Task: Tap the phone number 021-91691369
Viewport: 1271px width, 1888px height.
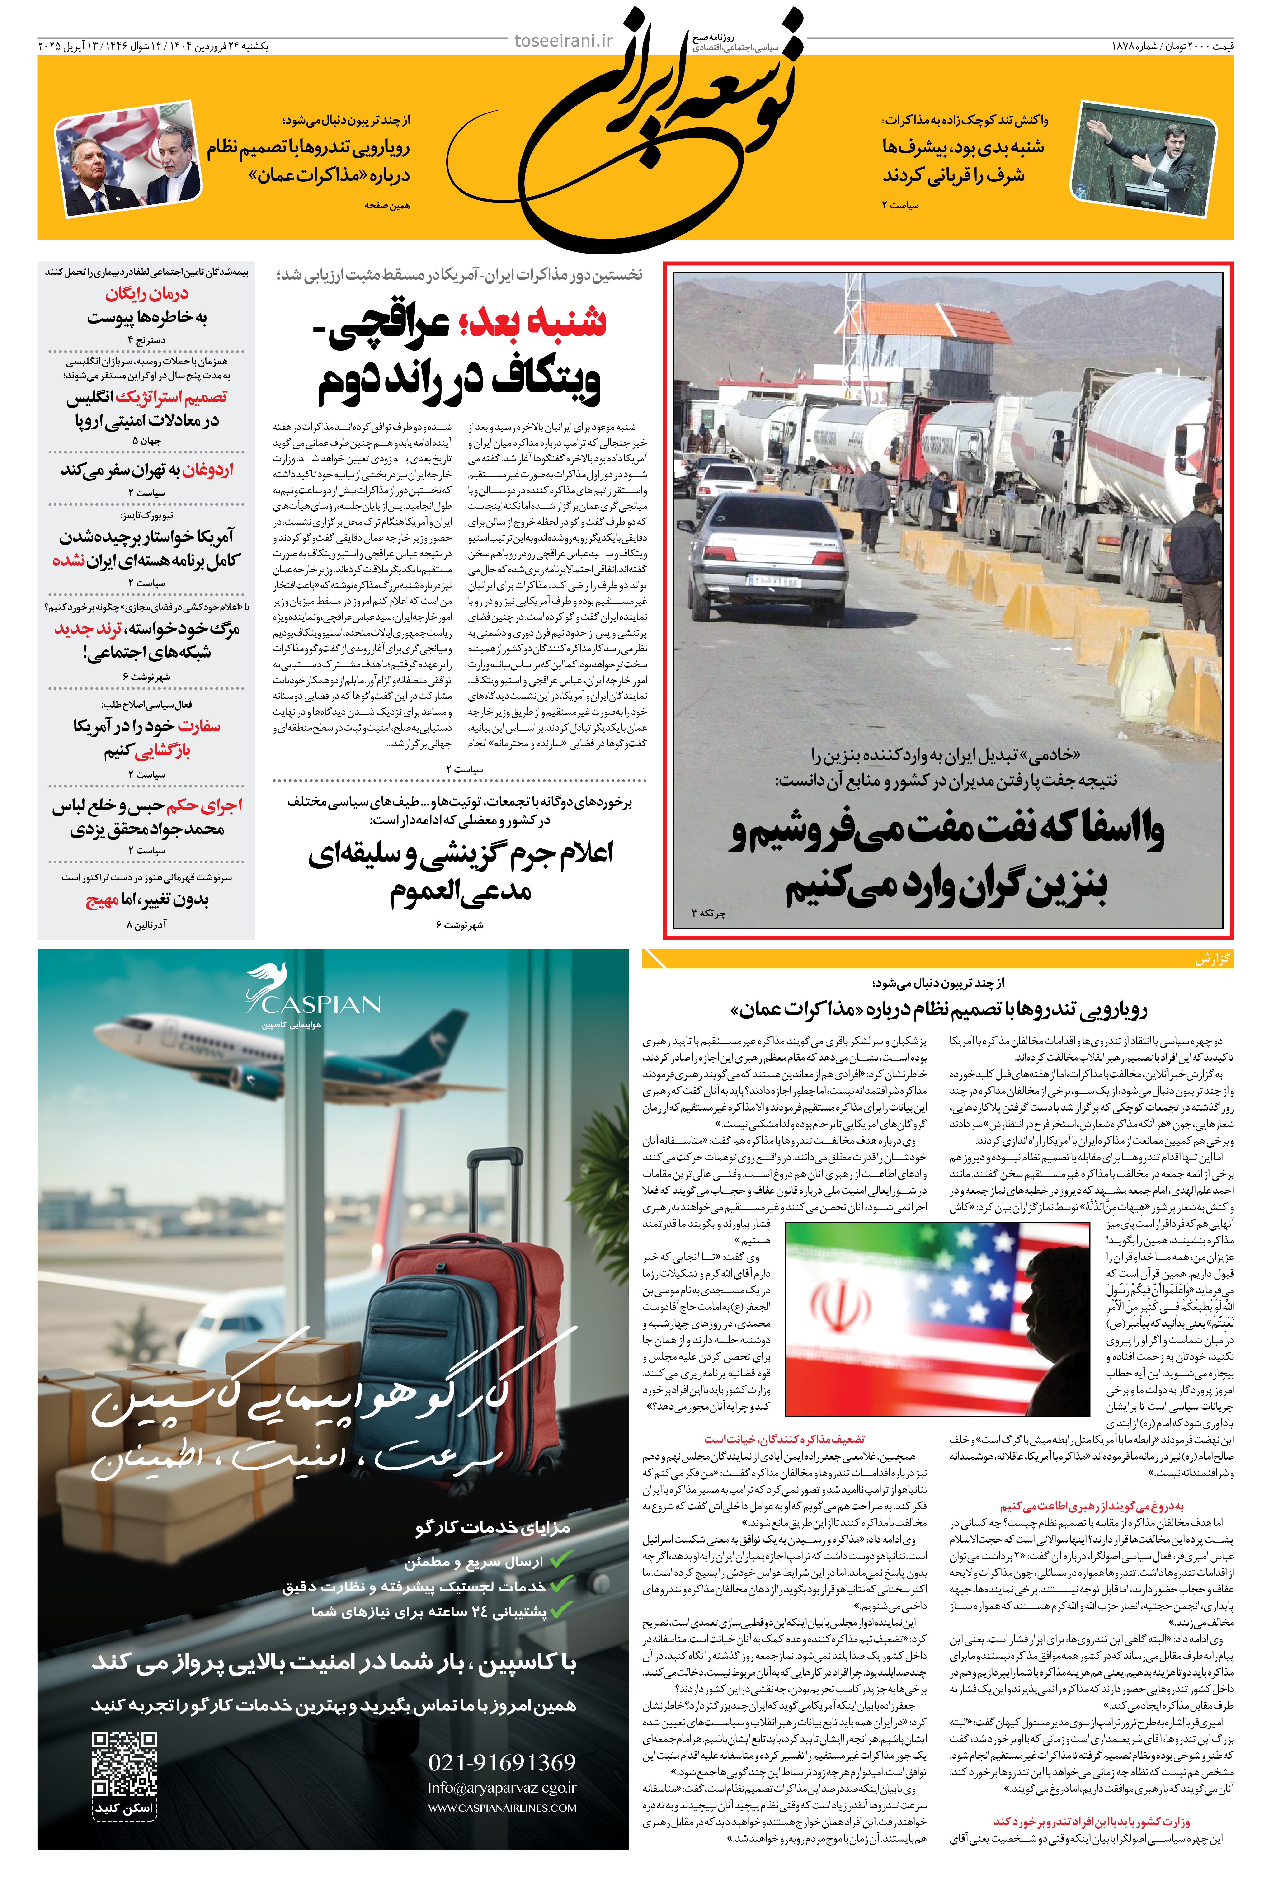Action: [502, 1762]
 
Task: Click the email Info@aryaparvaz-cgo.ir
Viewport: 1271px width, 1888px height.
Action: [502, 1787]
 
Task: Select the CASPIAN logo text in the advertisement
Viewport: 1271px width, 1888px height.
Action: [321, 1005]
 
